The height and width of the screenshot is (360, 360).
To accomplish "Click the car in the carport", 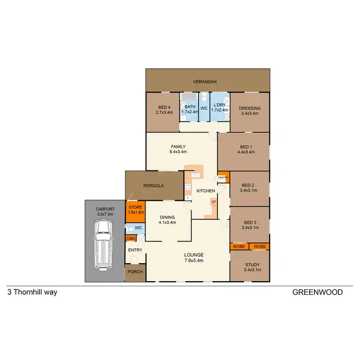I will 103,245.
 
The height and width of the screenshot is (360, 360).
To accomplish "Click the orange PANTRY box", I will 223,178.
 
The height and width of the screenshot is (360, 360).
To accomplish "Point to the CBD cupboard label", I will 130,238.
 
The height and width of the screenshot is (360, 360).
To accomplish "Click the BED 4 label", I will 164,108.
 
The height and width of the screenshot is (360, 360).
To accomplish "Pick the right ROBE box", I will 260,247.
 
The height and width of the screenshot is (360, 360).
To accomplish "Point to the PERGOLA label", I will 154,185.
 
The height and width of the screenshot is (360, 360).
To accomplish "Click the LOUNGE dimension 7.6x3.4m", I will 194,261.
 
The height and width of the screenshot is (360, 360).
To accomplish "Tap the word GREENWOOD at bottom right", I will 317,292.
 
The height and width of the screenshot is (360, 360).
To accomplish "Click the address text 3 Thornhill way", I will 32,292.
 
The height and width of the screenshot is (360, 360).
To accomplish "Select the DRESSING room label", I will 250,108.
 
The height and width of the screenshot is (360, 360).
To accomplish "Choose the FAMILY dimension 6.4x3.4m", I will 178,152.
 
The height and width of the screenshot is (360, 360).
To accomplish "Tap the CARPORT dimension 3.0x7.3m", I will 104,214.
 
